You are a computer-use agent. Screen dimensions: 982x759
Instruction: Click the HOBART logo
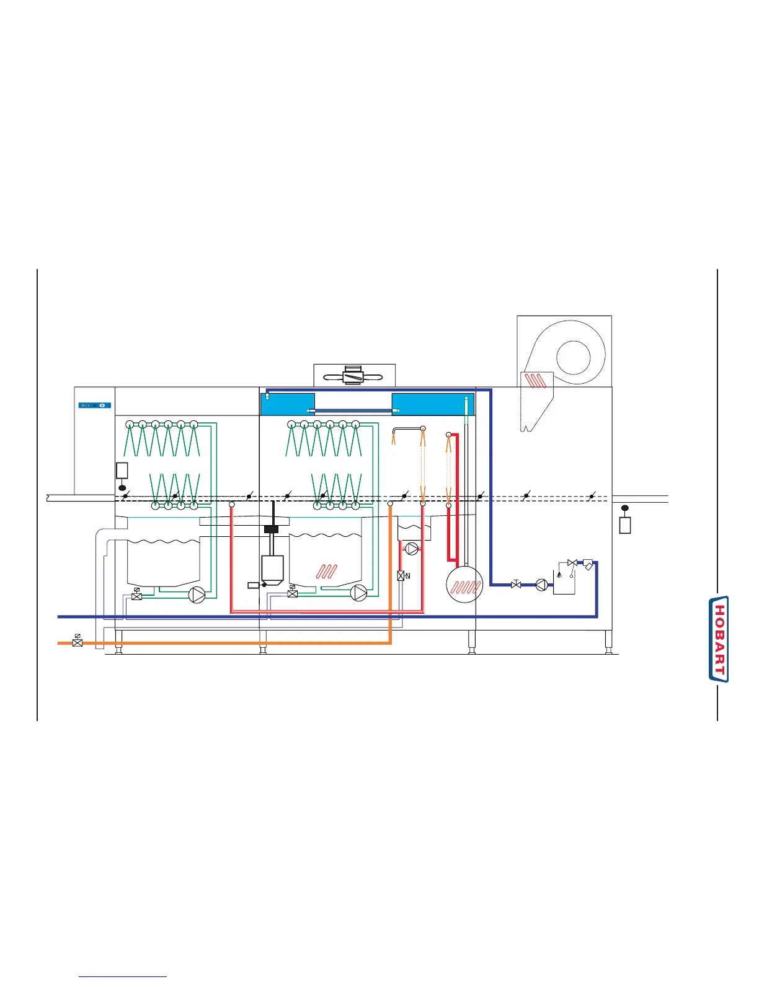(719, 639)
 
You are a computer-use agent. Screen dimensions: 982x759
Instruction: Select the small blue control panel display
(95, 405)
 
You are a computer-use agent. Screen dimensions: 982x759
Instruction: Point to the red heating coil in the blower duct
(536, 380)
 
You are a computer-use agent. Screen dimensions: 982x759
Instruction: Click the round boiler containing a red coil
(464, 585)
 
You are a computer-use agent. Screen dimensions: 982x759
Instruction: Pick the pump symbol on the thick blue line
(542, 584)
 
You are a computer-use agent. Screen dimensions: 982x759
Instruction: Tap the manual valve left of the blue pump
(515, 583)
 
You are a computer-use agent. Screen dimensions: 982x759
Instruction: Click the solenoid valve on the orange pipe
(77, 642)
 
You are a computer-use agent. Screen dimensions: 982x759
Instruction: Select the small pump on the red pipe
(412, 549)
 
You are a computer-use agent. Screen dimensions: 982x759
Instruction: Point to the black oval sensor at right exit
(624, 508)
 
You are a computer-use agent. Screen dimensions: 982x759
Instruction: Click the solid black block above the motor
(272, 529)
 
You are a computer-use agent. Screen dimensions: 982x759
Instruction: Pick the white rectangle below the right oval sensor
(625, 524)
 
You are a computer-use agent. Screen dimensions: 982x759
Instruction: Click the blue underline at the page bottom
(123, 977)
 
